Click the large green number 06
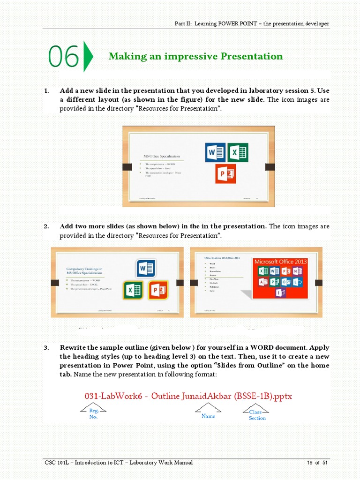tap(63, 57)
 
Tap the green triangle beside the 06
tap(88, 57)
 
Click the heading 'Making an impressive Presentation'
tap(195, 56)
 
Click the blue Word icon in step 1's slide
tap(215, 153)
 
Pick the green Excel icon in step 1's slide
tap(238, 153)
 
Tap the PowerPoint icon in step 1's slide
tap(225, 174)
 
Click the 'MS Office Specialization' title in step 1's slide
tap(161, 156)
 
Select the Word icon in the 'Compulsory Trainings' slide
tap(146, 269)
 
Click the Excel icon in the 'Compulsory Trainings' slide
tap(134, 290)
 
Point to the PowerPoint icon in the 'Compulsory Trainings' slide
tap(158, 290)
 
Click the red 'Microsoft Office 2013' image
tap(280, 278)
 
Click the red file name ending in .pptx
tap(188, 396)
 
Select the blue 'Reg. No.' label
tap(93, 413)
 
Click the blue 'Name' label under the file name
tap(208, 416)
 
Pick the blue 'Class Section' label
tap(256, 415)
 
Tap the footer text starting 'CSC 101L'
tap(118, 463)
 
